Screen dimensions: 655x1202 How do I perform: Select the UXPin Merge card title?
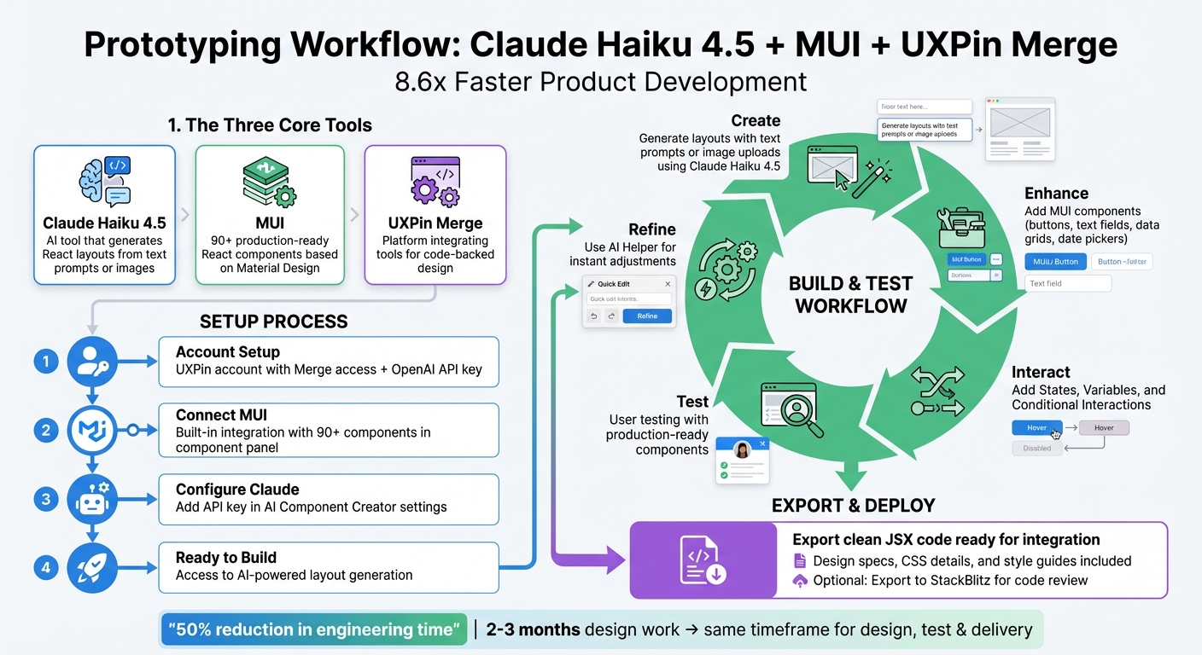(435, 223)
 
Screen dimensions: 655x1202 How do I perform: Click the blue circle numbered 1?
(45, 361)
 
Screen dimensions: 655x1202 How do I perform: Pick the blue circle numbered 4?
(45, 566)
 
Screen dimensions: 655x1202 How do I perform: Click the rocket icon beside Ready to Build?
(91, 566)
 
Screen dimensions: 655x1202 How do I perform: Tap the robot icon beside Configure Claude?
(91, 499)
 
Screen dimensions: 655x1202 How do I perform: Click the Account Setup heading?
(227, 352)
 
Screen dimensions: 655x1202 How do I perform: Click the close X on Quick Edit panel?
(668, 284)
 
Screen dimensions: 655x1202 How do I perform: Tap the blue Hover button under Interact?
(1037, 427)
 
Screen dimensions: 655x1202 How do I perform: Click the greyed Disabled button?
(1037, 448)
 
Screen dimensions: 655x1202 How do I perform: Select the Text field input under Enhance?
(1068, 283)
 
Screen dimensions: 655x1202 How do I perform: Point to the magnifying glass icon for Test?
(796, 408)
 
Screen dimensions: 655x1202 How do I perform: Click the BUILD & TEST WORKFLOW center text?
(850, 295)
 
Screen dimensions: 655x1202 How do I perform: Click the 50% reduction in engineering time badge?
(314, 630)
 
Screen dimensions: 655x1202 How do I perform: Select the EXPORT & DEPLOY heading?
(853, 505)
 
